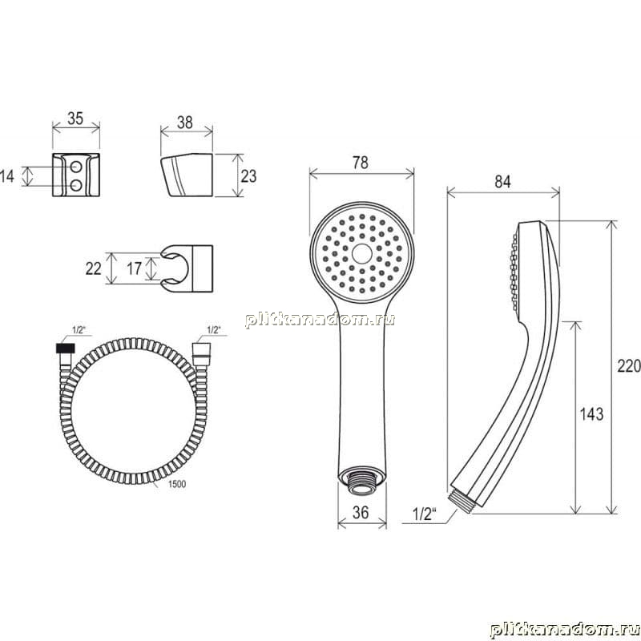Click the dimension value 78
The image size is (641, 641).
[x=360, y=163]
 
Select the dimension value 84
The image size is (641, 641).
[x=502, y=182]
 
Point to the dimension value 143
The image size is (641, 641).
[x=591, y=414]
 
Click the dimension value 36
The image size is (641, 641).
[x=361, y=512]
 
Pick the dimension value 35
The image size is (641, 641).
[x=75, y=119]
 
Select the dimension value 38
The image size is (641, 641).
[x=185, y=123]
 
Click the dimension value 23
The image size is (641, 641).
[x=248, y=176]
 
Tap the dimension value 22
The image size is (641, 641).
[x=93, y=268]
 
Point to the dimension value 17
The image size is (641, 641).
[x=134, y=268]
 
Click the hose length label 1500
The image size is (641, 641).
[x=176, y=484]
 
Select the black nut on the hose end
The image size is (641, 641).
[x=66, y=349]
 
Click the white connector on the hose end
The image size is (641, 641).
[x=202, y=349]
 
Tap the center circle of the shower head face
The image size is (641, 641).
[x=362, y=253]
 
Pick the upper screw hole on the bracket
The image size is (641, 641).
[x=76, y=167]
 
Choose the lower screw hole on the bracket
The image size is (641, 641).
[x=76, y=186]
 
